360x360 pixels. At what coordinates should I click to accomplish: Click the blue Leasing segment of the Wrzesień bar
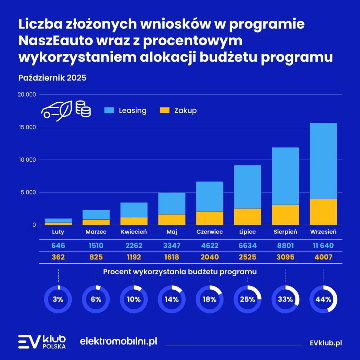[x=323, y=161]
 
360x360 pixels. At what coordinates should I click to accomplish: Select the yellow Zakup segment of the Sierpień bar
[x=285, y=215]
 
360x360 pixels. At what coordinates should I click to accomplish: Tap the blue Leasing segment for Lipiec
[x=247, y=187]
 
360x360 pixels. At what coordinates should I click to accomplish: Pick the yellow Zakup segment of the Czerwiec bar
[x=210, y=218]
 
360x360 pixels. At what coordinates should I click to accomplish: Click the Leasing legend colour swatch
[x=109, y=110]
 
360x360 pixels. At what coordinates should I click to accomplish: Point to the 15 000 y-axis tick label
[x=27, y=127]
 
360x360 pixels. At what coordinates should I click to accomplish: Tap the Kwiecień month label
[x=134, y=232]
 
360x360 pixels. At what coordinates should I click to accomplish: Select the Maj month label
[x=172, y=232]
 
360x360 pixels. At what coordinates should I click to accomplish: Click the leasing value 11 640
[x=323, y=246]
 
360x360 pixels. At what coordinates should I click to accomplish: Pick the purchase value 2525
[x=247, y=257]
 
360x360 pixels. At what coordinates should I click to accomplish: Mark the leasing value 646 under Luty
[x=58, y=246]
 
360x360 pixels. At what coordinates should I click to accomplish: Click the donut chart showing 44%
[x=323, y=300]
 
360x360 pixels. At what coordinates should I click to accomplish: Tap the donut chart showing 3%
[x=58, y=300]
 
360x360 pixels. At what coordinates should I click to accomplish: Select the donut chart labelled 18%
[x=210, y=300]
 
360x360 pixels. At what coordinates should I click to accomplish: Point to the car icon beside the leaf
[x=51, y=110]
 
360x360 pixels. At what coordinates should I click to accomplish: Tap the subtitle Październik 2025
[x=52, y=78]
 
